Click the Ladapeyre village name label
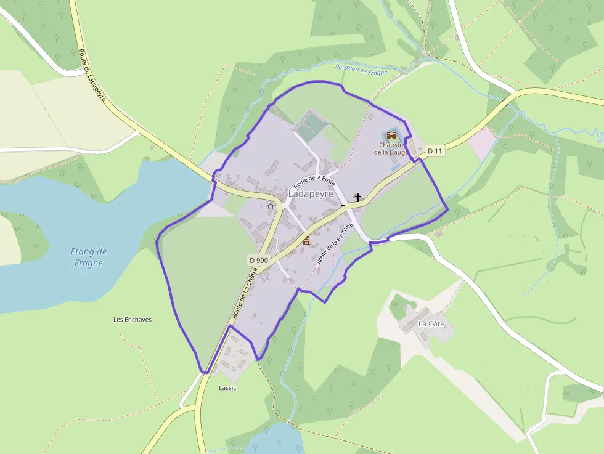click(x=311, y=193)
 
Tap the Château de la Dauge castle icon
click(x=391, y=136)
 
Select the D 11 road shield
click(x=435, y=151)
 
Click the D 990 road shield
click(x=259, y=260)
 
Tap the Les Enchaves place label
click(x=133, y=320)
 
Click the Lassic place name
click(x=227, y=388)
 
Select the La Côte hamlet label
click(x=431, y=323)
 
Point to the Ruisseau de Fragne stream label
click(x=361, y=70)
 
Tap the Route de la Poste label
click(x=314, y=180)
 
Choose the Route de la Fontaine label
click(x=335, y=244)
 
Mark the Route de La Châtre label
click(x=244, y=293)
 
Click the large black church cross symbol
click(x=357, y=198)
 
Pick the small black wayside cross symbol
click(x=343, y=206)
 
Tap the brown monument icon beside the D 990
click(x=306, y=240)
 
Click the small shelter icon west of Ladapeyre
click(x=271, y=206)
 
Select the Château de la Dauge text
click(x=390, y=148)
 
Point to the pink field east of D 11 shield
click(x=482, y=143)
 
